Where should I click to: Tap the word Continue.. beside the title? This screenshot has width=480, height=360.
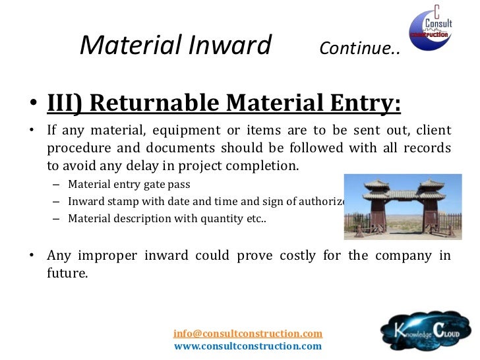point(359,49)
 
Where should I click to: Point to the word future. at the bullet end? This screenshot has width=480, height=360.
point(67,272)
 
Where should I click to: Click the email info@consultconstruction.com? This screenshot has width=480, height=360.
point(248,334)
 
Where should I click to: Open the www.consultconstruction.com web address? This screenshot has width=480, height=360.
point(248,345)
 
